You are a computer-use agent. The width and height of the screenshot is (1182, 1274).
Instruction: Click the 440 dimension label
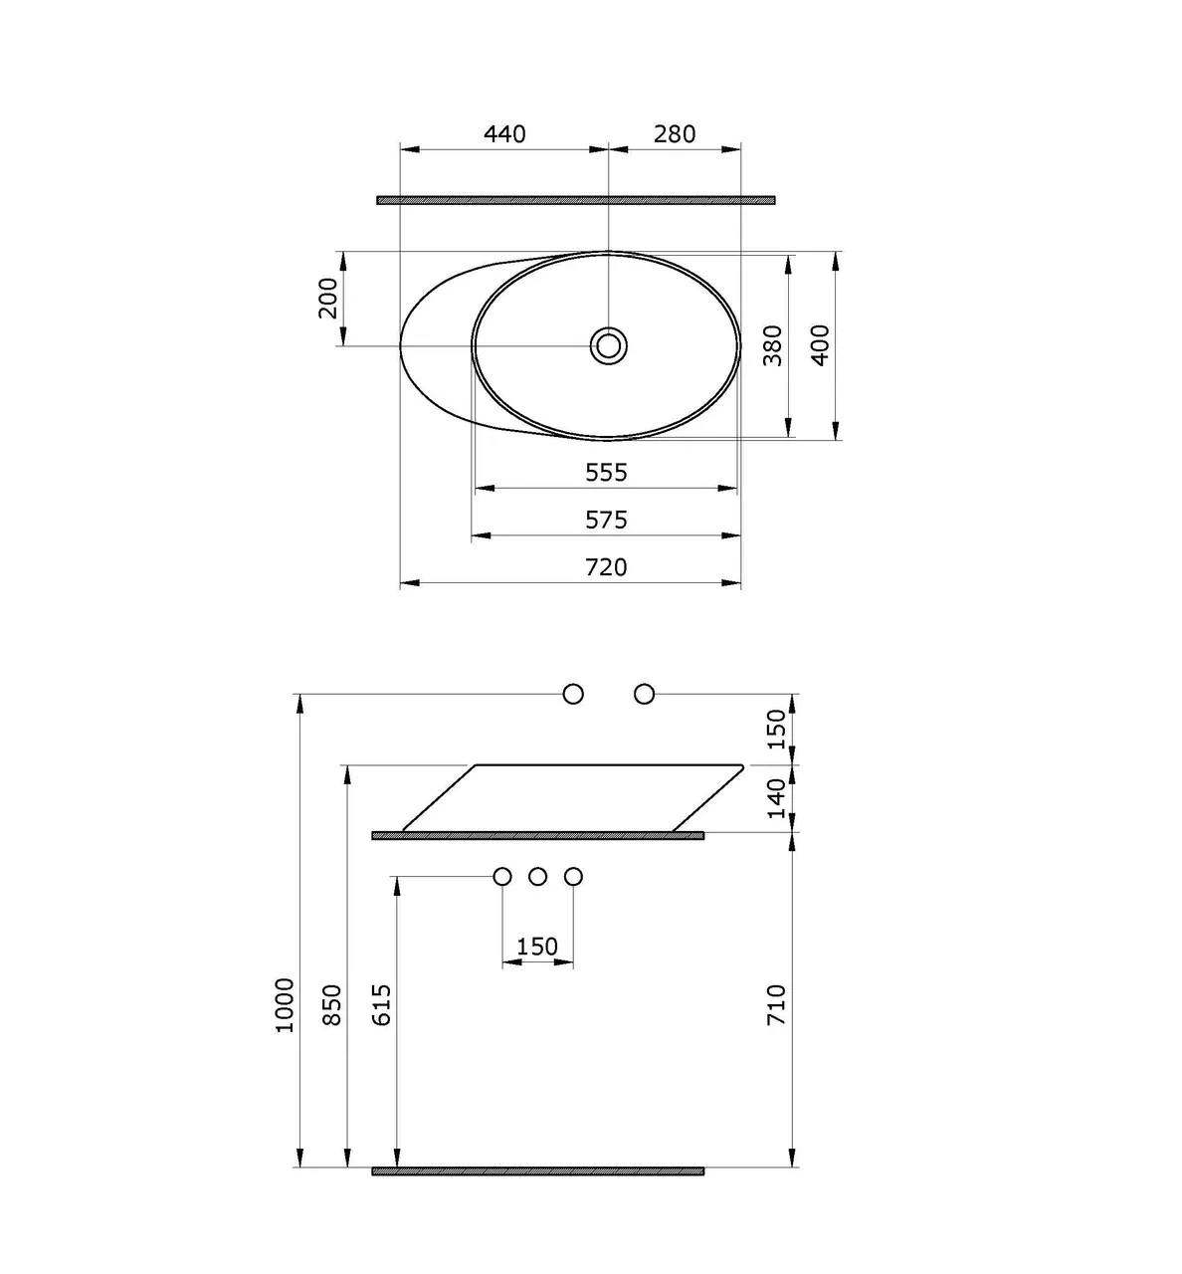click(x=504, y=134)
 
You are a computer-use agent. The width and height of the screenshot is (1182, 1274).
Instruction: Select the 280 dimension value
click(x=675, y=134)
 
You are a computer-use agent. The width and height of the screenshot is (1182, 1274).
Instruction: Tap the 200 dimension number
click(x=327, y=299)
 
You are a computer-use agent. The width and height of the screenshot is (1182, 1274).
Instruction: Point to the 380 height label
click(x=773, y=345)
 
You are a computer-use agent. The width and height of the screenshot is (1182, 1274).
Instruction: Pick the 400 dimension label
click(x=820, y=345)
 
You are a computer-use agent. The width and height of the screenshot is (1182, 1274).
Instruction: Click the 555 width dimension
click(x=606, y=473)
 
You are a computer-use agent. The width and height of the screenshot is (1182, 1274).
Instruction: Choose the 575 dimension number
click(x=606, y=521)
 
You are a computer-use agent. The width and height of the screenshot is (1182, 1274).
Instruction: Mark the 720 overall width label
click(x=606, y=567)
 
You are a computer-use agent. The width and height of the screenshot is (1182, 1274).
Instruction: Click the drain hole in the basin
click(x=609, y=345)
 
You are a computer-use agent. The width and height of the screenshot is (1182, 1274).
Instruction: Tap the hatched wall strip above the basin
click(x=576, y=200)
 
